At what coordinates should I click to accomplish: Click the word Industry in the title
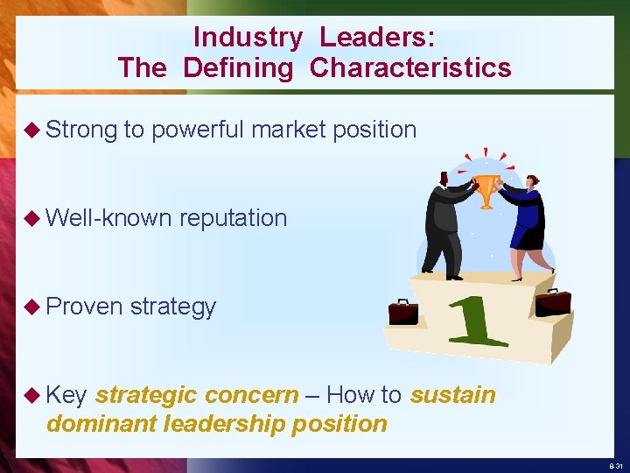pyautogui.click(x=248, y=38)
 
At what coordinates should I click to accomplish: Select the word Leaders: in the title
pyautogui.click(x=377, y=38)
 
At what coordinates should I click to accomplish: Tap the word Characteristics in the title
pyautogui.click(x=410, y=67)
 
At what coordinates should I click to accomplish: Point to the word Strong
pyautogui.click(x=81, y=130)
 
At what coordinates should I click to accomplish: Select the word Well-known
pyautogui.click(x=108, y=217)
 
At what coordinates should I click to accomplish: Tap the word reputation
pyautogui.click(x=233, y=217)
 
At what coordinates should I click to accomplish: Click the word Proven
pyautogui.click(x=85, y=307)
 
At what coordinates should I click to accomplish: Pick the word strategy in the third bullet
pyautogui.click(x=172, y=307)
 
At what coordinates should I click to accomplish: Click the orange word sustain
pyautogui.click(x=452, y=395)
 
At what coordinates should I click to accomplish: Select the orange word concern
pyautogui.click(x=258, y=395)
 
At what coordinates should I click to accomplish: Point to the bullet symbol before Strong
pyautogui.click(x=33, y=131)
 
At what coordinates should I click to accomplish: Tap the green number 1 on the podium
pyautogui.click(x=477, y=321)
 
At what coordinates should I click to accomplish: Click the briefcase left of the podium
pyautogui.click(x=403, y=312)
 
